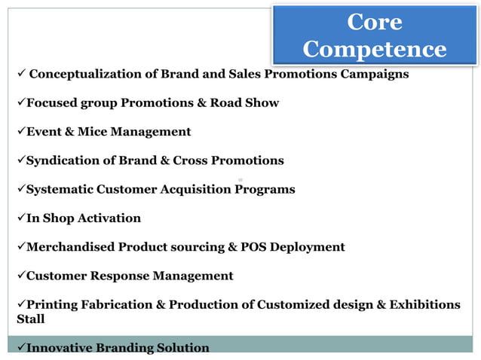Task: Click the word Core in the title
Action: [375, 23]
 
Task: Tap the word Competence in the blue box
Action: [375, 50]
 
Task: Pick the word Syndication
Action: [62, 160]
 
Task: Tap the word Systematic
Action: [60, 189]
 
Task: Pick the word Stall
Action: [31, 319]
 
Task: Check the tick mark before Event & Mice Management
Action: [21, 132]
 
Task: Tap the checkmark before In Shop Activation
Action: [21, 218]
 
